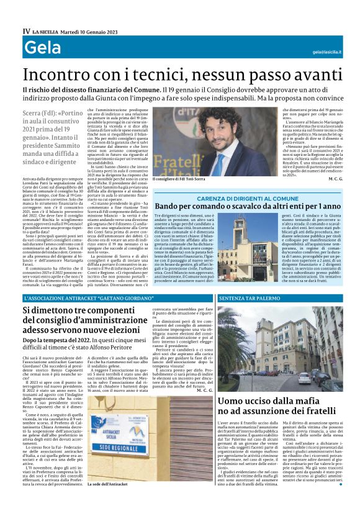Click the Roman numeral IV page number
26,30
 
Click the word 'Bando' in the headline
169,206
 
